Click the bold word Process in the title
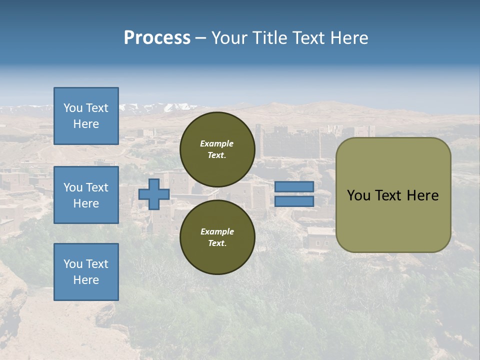coord(157,38)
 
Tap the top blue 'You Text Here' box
coord(86,116)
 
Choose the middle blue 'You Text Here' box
coord(86,195)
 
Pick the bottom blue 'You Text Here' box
coord(86,271)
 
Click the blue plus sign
coord(153,194)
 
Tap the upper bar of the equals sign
coord(294,186)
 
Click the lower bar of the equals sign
coord(294,201)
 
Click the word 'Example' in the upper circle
coord(217,143)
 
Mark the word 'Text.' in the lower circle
coord(217,243)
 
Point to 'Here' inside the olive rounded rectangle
coord(423,195)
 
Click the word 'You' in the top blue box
coord(73,108)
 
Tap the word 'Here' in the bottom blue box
coord(86,280)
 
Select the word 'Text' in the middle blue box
coord(97,187)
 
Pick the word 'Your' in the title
coord(229,38)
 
